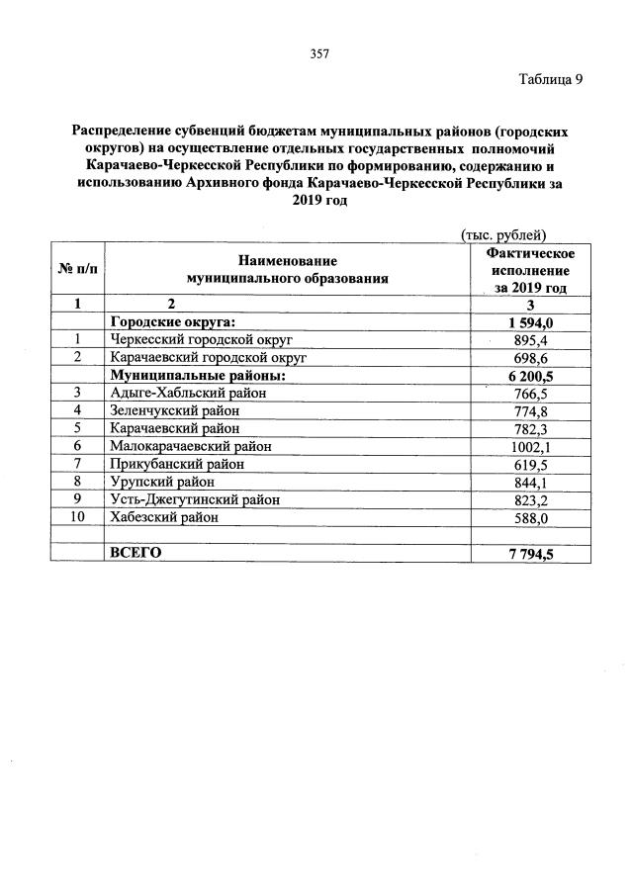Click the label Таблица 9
click(551, 80)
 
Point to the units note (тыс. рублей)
click(503, 234)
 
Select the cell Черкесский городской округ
click(202, 339)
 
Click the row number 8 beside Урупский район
click(77, 482)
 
